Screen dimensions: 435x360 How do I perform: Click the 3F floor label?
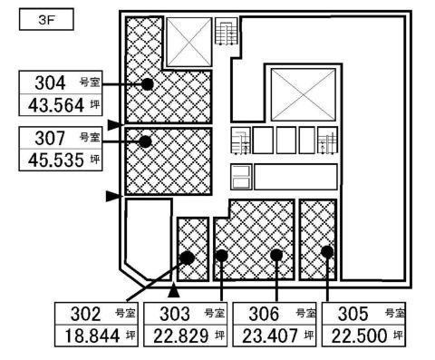(x=46, y=20)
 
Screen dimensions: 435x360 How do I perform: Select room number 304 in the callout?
(x=50, y=83)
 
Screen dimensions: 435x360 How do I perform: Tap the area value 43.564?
(x=56, y=105)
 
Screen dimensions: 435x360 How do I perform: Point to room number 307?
(x=50, y=138)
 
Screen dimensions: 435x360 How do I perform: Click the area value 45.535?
(x=56, y=161)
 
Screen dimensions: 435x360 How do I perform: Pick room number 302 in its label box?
(x=85, y=314)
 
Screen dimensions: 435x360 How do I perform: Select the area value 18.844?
(x=92, y=336)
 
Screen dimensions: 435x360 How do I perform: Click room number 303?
(x=175, y=314)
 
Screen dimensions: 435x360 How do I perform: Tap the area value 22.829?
(x=181, y=336)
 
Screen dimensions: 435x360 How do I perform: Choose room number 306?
(x=264, y=314)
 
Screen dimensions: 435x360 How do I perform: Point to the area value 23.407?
(x=270, y=336)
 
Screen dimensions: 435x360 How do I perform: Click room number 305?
(x=353, y=314)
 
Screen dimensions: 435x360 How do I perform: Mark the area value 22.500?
(x=359, y=336)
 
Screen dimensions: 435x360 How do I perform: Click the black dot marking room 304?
(x=148, y=84)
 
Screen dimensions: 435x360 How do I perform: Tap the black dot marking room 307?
(x=145, y=141)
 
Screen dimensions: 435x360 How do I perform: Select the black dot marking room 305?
(x=327, y=251)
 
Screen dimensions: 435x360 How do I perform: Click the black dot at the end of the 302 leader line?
(x=188, y=258)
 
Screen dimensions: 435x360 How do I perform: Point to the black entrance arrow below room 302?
(x=174, y=290)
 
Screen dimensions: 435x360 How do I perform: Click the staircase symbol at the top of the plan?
(x=226, y=31)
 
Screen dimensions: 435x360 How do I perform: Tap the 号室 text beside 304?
(x=90, y=83)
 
